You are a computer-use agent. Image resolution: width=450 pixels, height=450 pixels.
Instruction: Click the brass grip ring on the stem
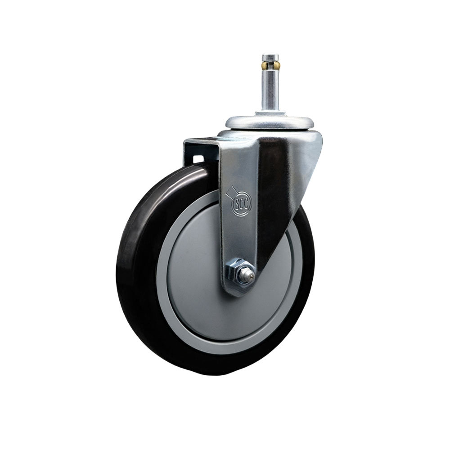[x=270, y=66]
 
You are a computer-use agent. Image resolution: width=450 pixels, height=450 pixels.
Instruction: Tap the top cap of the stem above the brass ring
[x=270, y=58]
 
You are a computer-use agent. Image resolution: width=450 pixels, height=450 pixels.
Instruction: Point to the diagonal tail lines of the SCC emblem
[x=230, y=191]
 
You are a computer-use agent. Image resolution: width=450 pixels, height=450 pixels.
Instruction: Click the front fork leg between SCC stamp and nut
[x=238, y=238]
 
